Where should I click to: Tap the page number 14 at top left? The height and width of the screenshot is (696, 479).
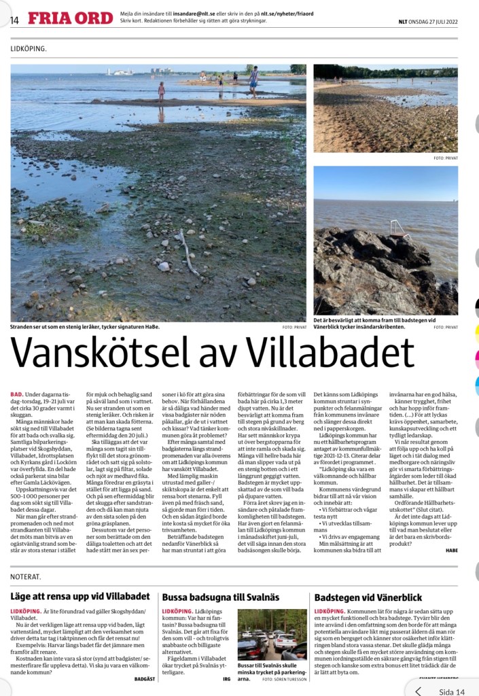click(x=14, y=20)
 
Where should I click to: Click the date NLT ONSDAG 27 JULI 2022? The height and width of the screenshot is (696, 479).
click(x=427, y=20)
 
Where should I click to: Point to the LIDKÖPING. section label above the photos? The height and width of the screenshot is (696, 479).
click(x=29, y=50)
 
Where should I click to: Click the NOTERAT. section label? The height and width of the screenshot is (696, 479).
click(x=26, y=576)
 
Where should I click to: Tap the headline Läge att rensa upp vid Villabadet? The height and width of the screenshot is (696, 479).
click(x=80, y=597)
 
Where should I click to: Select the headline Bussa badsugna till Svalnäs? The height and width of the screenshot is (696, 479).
click(x=221, y=597)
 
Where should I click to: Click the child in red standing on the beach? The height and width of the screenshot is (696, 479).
click(x=162, y=91)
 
